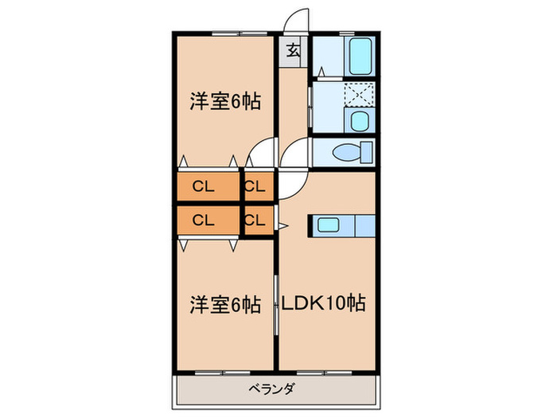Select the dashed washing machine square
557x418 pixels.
point(359,96)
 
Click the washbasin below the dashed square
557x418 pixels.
point(359,122)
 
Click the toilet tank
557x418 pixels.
point(366,151)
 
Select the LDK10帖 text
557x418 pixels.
point(322,303)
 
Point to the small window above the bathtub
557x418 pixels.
point(348,32)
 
